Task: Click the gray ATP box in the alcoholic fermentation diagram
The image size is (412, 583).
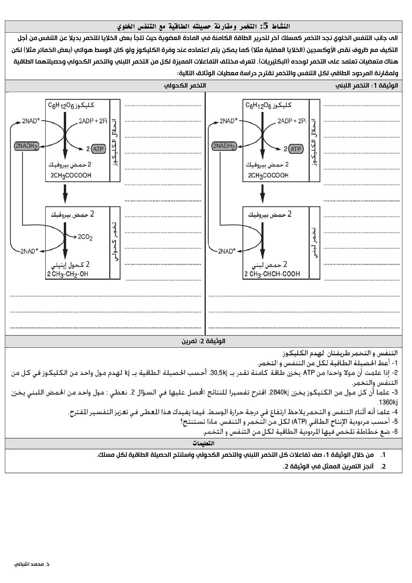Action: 98,149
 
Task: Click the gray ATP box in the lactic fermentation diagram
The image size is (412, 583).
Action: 295,149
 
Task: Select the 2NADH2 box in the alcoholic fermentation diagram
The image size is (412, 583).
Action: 27,146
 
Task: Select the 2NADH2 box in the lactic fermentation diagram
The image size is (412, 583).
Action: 224,146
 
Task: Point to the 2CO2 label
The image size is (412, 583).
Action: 85,237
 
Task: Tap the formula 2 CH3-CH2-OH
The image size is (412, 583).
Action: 67,274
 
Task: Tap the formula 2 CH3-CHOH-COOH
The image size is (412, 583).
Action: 272,274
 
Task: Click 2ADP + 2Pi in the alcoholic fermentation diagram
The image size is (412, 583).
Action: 93,121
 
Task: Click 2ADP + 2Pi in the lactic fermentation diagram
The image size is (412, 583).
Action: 292,121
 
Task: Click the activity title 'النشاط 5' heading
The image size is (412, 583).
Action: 204,26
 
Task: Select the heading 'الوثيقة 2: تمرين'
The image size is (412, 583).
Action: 203,341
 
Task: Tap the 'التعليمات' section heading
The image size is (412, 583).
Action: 203,443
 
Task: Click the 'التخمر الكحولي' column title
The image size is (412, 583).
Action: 185,86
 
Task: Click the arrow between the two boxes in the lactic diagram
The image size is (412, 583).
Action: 262,194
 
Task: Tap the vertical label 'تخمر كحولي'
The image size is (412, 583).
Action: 115,243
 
